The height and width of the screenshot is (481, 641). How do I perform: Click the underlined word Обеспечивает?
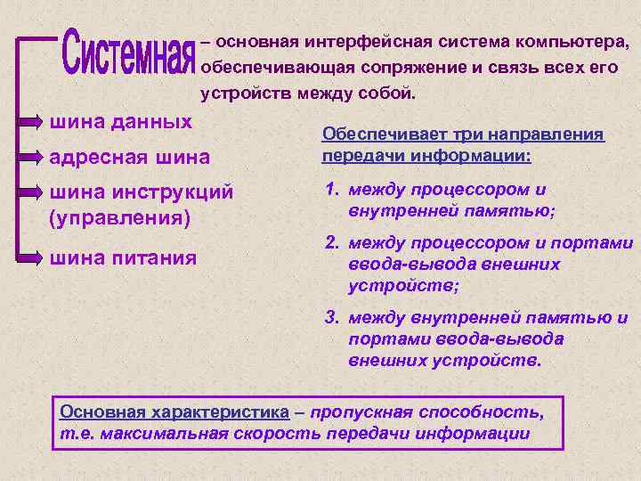[374, 135]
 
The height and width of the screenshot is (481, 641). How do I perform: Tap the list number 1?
[330, 190]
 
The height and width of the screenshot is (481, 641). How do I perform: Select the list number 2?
[330, 243]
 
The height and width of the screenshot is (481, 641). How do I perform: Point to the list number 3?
[330, 317]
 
